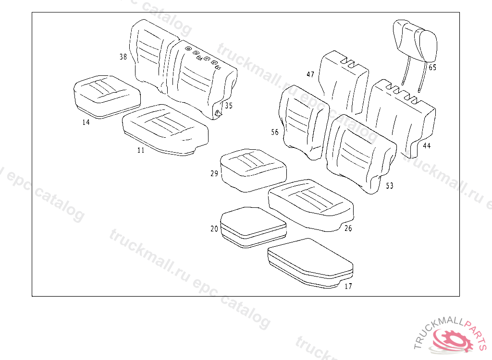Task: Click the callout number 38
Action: tap(123, 57)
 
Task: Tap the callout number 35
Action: tap(229, 106)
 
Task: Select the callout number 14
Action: tap(86, 122)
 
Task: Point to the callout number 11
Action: tap(141, 150)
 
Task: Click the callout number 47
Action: tap(310, 74)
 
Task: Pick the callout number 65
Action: tap(432, 68)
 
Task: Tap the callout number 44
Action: tap(427, 145)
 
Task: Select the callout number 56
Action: tap(275, 132)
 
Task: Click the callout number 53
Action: tap(390, 186)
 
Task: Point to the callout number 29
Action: tap(214, 174)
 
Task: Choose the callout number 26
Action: tap(348, 228)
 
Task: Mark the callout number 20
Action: tap(214, 229)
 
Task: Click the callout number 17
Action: tap(348, 287)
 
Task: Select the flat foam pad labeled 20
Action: tap(253, 226)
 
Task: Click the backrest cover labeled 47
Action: tap(344, 82)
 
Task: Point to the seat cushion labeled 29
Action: tap(253, 169)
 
